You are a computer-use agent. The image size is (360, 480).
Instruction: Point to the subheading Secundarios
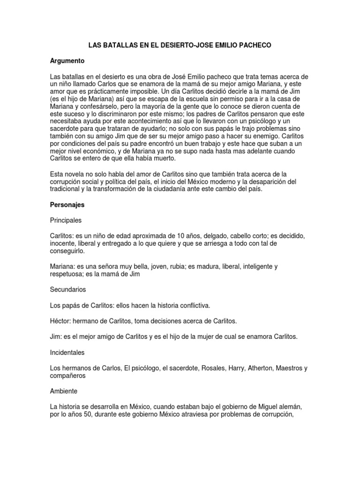point(68,290)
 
